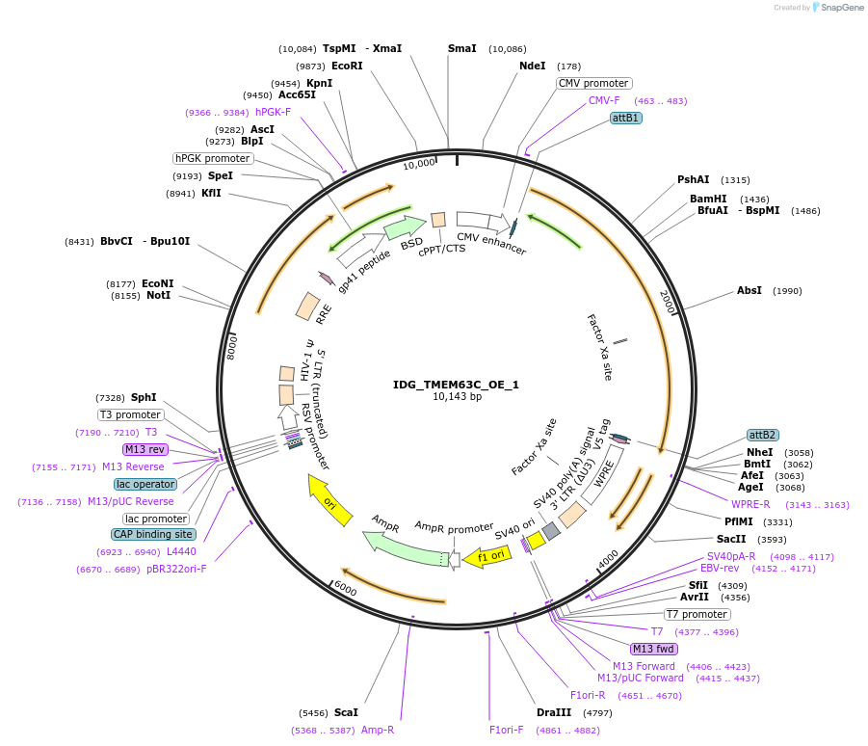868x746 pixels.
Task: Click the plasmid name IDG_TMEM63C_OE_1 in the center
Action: point(456,385)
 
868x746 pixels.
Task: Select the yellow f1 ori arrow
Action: point(487,556)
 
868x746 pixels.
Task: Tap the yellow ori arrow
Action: point(329,500)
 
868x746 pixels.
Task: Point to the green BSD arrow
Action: point(405,227)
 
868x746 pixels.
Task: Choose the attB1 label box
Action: point(625,118)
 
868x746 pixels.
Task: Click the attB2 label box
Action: point(762,435)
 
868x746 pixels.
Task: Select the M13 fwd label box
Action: point(654,649)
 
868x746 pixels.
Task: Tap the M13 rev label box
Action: point(145,449)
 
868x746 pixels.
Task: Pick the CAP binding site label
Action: point(153,534)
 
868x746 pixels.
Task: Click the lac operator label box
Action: point(145,484)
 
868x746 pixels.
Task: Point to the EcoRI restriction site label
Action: point(347,66)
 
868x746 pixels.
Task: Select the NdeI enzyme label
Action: point(532,66)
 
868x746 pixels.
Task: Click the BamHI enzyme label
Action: point(708,199)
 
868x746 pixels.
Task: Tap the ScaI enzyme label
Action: point(346,712)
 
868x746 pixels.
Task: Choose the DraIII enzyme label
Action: point(554,712)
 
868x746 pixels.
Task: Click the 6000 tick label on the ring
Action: point(346,589)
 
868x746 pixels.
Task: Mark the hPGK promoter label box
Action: point(213,158)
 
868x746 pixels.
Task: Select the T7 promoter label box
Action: point(697,614)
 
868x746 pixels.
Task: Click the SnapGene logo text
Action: point(842,7)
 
